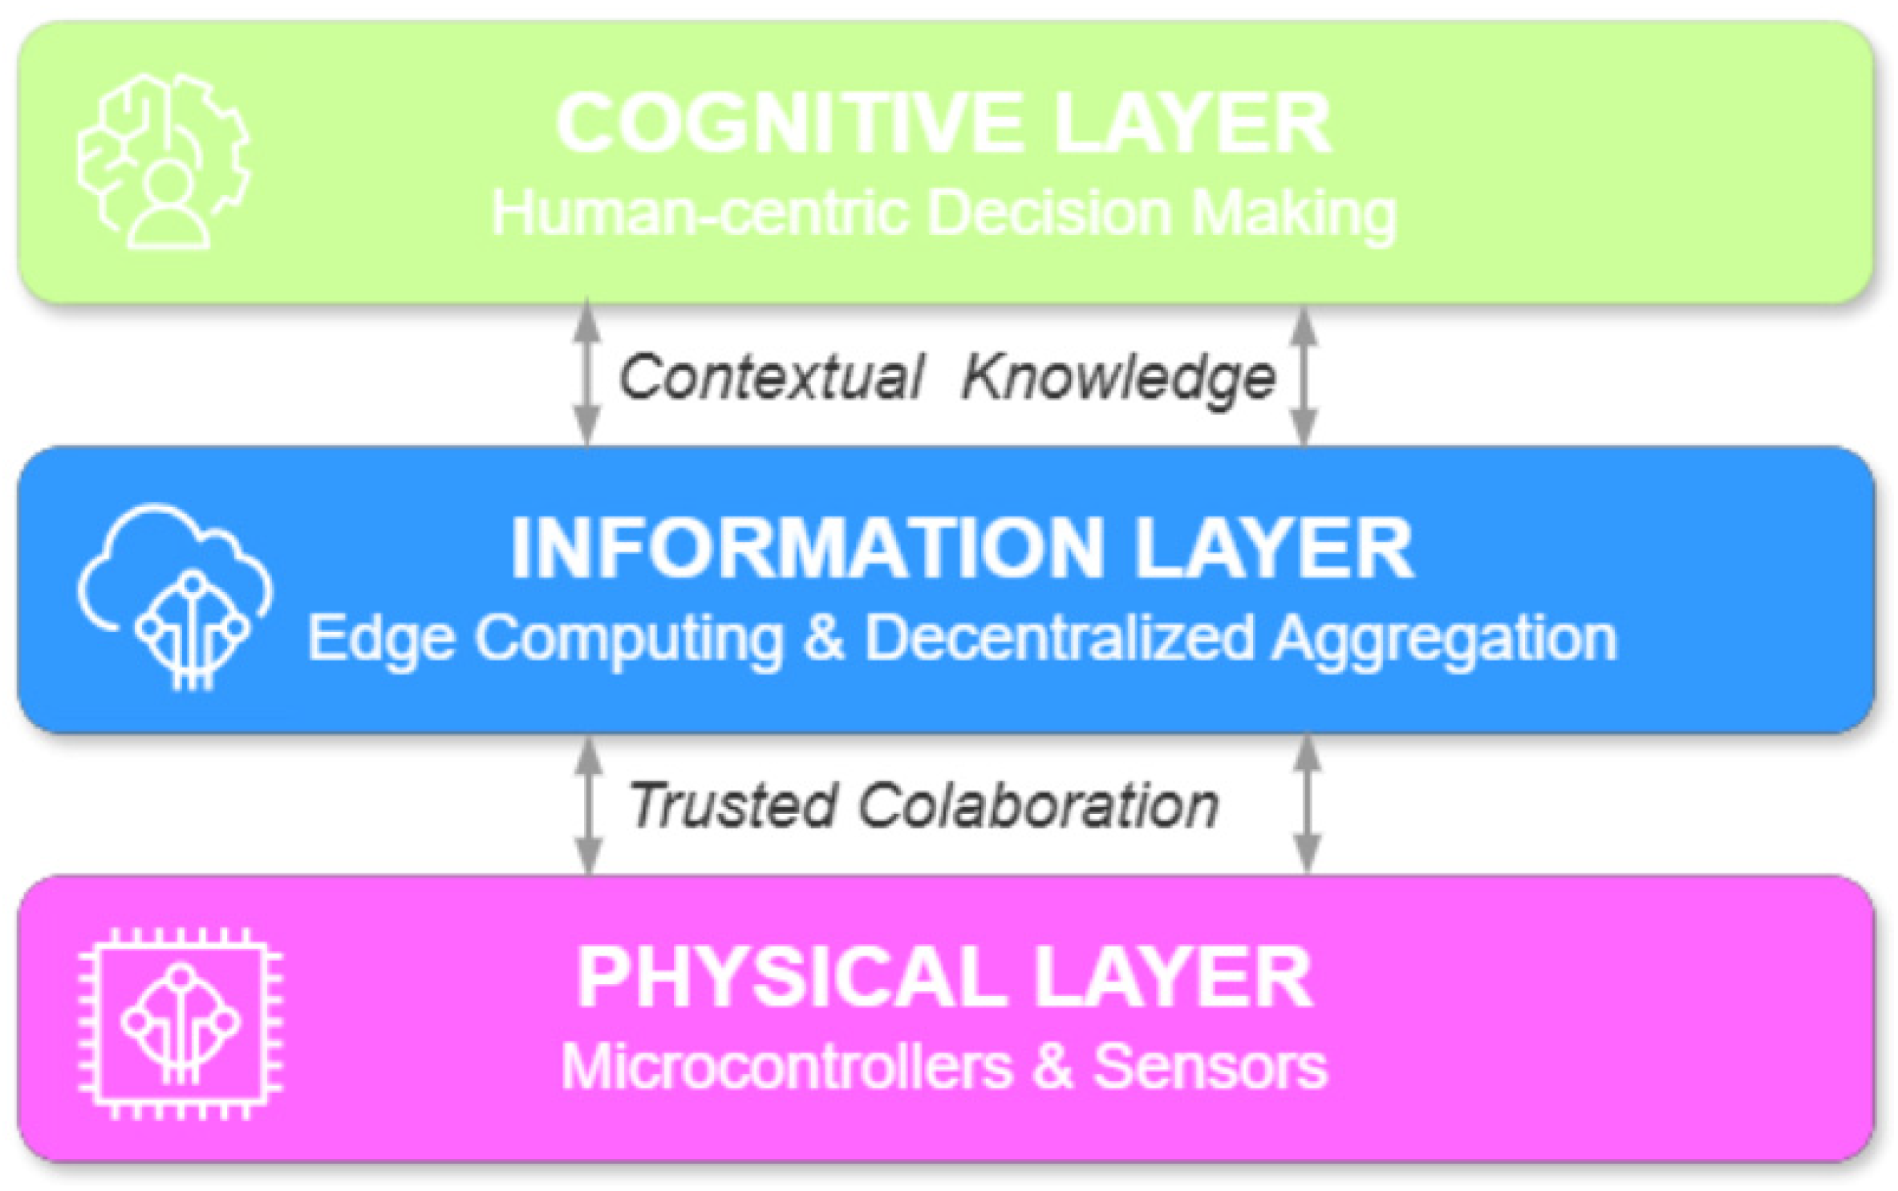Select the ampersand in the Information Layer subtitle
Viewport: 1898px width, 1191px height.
click(x=823, y=638)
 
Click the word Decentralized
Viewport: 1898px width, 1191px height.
click(x=1059, y=638)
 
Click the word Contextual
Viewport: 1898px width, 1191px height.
click(x=770, y=376)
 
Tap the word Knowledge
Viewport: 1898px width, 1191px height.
click(x=1118, y=376)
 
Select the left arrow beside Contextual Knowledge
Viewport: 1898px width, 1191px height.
click(x=587, y=372)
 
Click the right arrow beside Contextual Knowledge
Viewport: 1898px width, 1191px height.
click(x=1304, y=375)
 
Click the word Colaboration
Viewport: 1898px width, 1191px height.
click(x=1038, y=805)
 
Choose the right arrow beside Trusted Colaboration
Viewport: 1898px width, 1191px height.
click(x=1308, y=804)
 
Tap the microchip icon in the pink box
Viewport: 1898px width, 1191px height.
click(x=180, y=1023)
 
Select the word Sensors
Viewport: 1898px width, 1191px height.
click(x=1210, y=1067)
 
